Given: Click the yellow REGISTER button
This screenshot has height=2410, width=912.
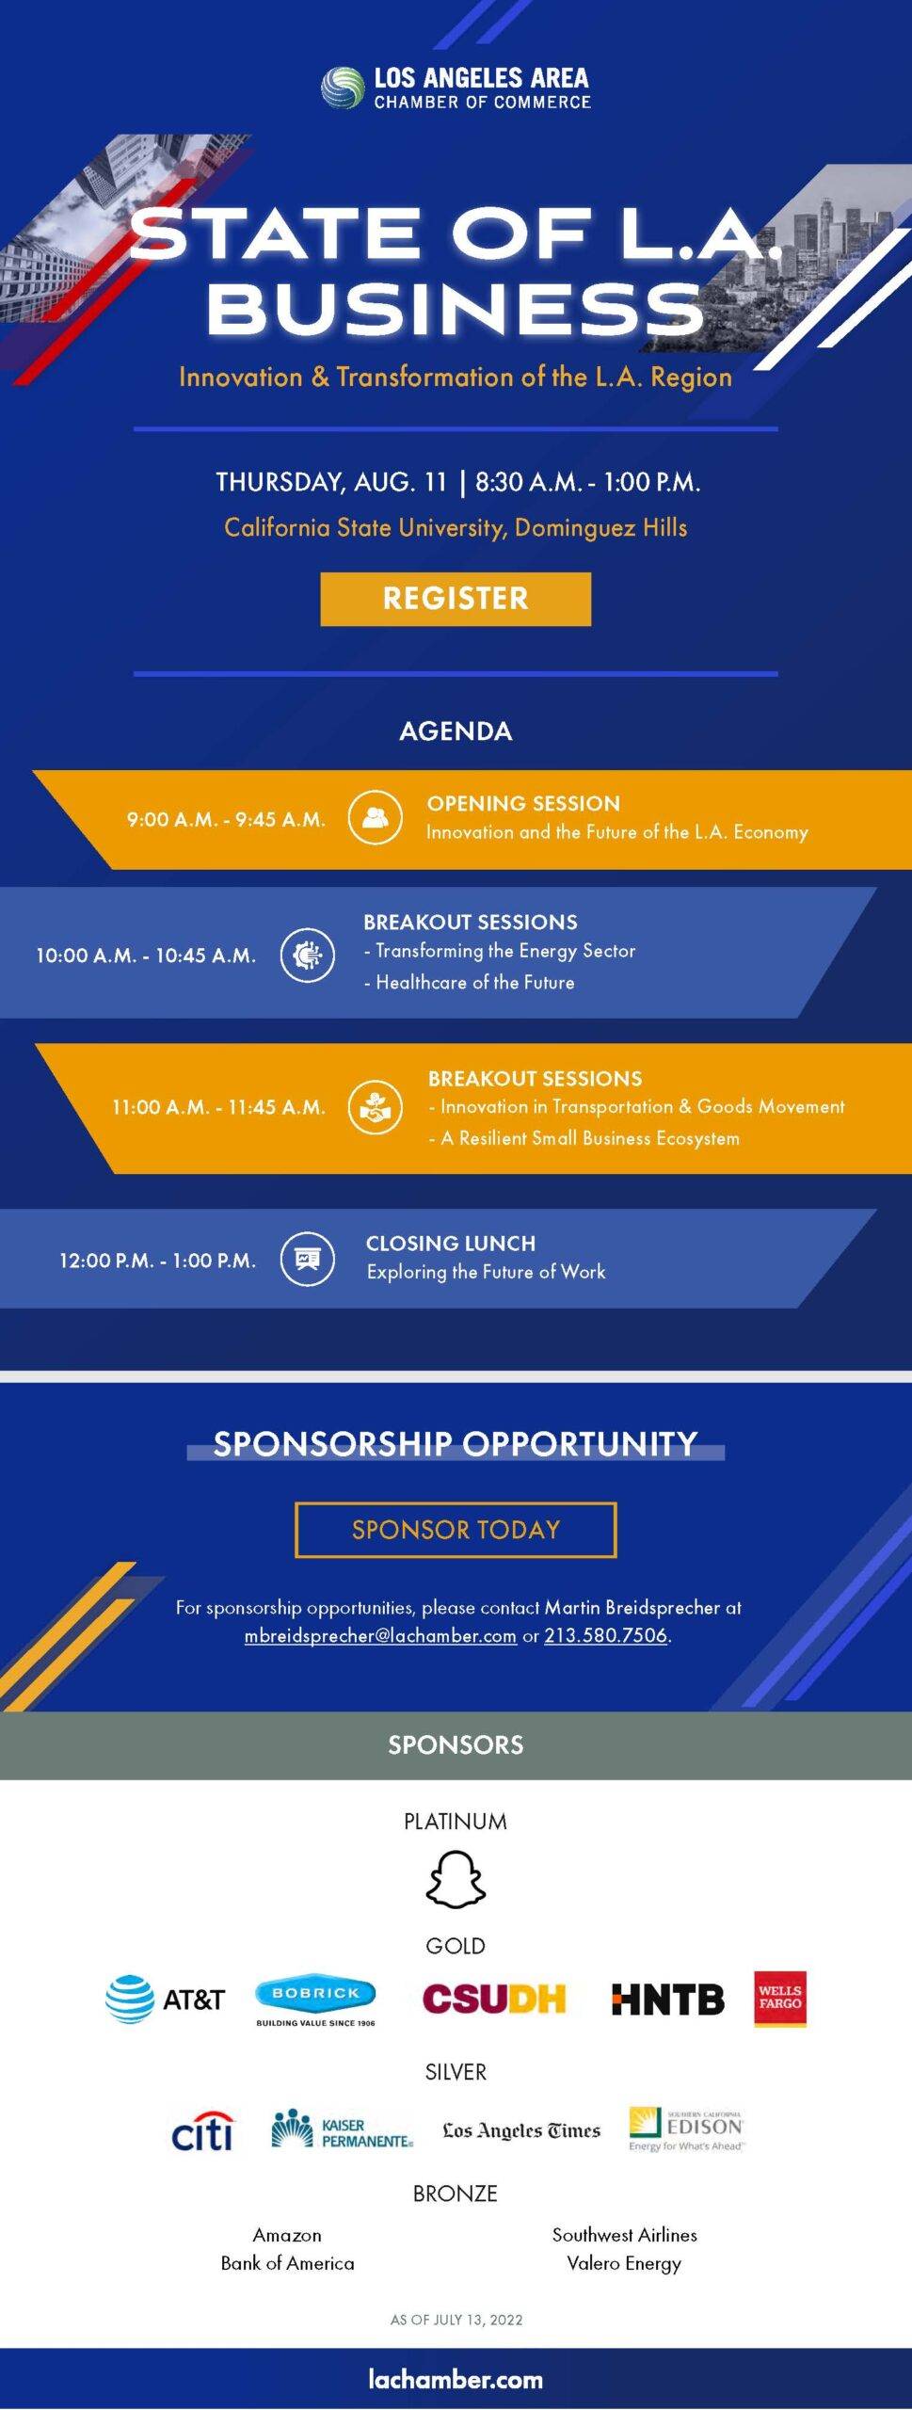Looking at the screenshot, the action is (456, 599).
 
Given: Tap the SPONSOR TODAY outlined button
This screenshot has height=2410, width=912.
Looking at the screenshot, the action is (456, 1530).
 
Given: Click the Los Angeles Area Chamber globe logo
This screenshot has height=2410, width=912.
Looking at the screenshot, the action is (342, 88).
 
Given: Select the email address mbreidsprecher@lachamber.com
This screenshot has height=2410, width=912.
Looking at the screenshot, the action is (380, 1635).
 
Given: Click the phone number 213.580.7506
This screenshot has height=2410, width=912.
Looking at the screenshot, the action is (605, 1635).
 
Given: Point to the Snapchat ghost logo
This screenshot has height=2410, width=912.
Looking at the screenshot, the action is (456, 1880).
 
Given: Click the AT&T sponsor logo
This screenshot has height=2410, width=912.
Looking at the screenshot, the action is (165, 1999).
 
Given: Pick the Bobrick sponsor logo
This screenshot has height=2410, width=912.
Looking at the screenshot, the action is (315, 2000).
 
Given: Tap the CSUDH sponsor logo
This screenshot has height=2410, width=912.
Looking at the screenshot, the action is (494, 1999).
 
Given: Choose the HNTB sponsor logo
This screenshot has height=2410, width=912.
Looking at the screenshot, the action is (668, 1999).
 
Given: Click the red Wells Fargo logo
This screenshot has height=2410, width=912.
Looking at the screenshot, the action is (780, 1998).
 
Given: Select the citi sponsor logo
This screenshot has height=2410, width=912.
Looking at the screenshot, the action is (202, 2130).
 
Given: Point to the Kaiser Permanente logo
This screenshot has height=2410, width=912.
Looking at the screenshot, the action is (342, 2129).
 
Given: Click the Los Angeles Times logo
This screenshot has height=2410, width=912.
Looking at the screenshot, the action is (521, 2130).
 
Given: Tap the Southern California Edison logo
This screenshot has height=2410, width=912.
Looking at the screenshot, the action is (686, 2129).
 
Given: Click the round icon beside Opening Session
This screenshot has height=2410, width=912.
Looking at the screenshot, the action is (375, 817).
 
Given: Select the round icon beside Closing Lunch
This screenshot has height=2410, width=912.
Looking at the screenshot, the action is (308, 1259).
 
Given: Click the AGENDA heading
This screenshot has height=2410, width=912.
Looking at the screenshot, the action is (456, 731).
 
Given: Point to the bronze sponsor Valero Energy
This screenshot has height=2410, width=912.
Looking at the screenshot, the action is (624, 2264).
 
